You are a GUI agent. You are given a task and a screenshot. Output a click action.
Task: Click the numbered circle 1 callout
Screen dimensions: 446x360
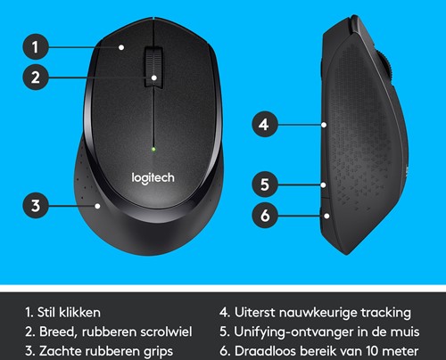point(36,47)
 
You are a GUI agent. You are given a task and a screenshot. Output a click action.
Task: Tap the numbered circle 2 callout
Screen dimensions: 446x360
point(36,78)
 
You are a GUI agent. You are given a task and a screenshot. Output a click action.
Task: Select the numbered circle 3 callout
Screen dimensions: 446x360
point(36,206)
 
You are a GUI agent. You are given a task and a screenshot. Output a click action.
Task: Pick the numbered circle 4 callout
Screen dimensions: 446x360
point(265,125)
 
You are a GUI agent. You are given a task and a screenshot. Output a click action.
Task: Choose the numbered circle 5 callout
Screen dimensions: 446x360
point(265,184)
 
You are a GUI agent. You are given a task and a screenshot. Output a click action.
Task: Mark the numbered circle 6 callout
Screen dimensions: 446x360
point(265,216)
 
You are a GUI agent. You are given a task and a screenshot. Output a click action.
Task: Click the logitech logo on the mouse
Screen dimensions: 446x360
point(153,178)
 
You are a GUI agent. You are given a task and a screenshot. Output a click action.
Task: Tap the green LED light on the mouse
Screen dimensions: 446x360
point(153,149)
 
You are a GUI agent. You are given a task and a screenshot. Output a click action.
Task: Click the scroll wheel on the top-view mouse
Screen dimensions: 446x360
point(153,68)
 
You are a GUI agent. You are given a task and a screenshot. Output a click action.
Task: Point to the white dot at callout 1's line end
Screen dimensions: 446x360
point(121,47)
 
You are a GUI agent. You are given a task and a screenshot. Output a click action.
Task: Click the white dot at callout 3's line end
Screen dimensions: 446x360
point(97,206)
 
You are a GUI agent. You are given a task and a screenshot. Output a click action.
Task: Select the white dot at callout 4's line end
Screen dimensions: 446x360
point(324,125)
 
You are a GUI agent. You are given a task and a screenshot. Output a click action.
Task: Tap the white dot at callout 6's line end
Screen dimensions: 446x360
point(326,216)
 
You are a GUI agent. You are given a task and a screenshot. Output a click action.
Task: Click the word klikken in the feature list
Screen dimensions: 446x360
point(79,313)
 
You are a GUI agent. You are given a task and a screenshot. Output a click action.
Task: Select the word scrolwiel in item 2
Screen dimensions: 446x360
point(166,331)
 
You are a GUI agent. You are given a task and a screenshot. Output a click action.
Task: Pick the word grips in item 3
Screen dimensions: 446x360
point(158,352)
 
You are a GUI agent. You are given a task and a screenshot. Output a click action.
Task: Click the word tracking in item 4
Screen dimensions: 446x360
point(386,313)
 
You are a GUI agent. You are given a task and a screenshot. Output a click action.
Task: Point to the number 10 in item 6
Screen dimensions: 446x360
point(372,351)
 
